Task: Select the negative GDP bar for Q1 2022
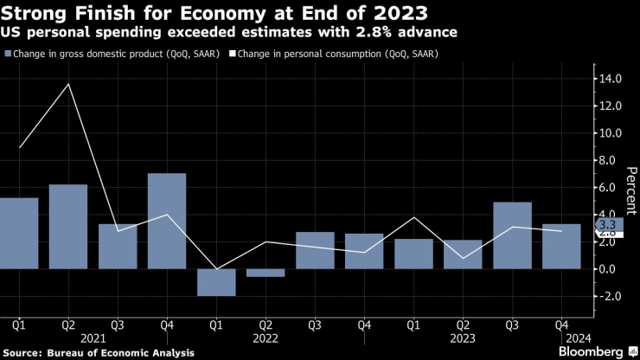click(x=216, y=282)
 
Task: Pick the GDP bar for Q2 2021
click(x=68, y=226)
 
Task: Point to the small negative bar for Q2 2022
click(x=266, y=273)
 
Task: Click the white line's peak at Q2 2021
click(x=68, y=84)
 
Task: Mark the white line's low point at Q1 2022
click(x=216, y=269)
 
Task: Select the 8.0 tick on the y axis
click(x=609, y=160)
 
